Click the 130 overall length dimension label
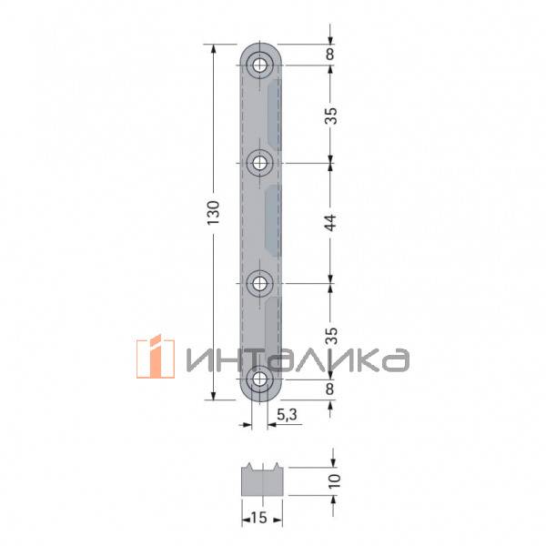point(214,212)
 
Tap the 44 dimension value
point(331,223)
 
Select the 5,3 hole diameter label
point(287,414)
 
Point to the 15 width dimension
point(258,518)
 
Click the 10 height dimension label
point(334,481)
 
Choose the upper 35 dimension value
point(331,116)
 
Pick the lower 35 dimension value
point(331,336)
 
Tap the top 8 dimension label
point(329,54)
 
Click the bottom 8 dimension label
point(329,389)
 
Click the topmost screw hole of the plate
point(259,66)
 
